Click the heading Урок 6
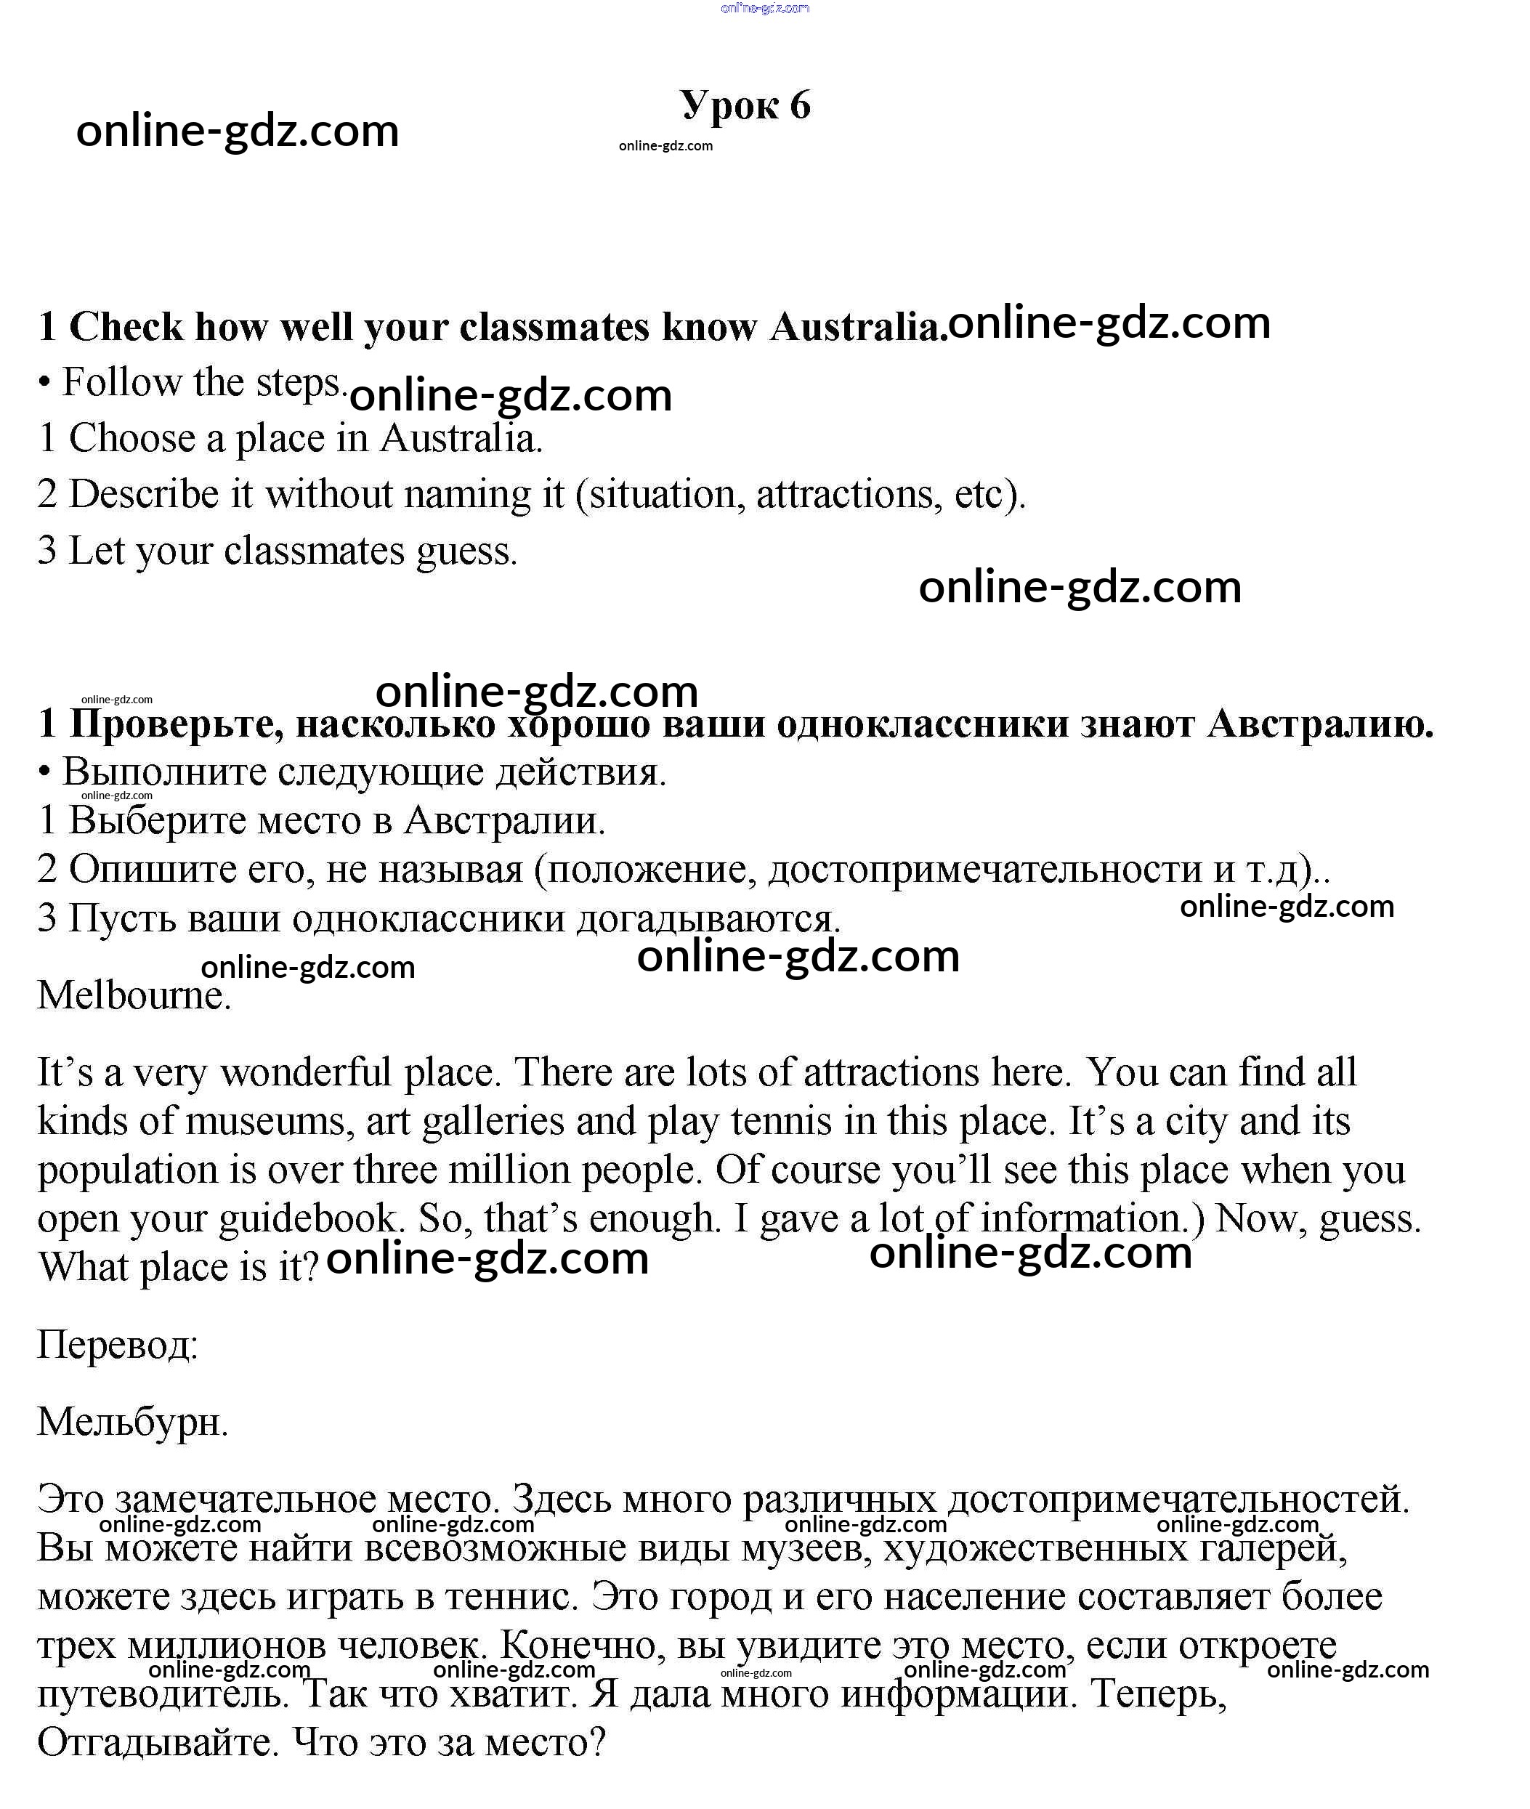(745, 105)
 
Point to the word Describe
(143, 494)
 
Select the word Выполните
(164, 772)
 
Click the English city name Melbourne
(134, 995)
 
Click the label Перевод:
(118, 1345)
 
